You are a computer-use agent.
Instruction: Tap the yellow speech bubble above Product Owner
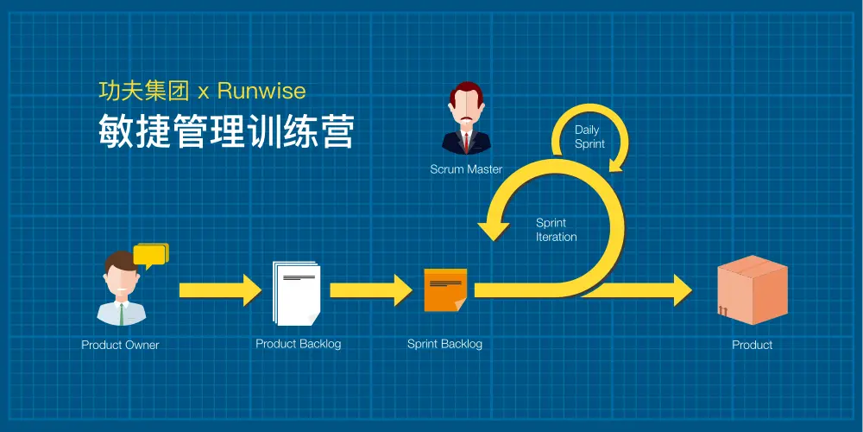(151, 254)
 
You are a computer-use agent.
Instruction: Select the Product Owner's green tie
(122, 312)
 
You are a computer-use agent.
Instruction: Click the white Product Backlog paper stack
(297, 293)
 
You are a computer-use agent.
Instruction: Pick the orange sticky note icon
(445, 290)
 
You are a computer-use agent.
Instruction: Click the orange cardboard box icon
(753, 290)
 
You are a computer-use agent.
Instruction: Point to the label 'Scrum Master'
(466, 169)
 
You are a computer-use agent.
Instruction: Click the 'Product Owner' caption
(120, 345)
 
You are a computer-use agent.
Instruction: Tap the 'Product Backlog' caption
(298, 344)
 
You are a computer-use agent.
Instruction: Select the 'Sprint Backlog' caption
(444, 344)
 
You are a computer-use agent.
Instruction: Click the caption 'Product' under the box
(752, 345)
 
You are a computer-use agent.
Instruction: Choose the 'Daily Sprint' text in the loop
(589, 137)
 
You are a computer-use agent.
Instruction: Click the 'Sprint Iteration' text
(556, 230)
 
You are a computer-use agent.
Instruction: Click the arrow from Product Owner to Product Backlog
(219, 290)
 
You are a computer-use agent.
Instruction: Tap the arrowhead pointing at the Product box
(680, 290)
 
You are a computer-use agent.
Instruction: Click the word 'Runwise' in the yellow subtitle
(261, 91)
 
